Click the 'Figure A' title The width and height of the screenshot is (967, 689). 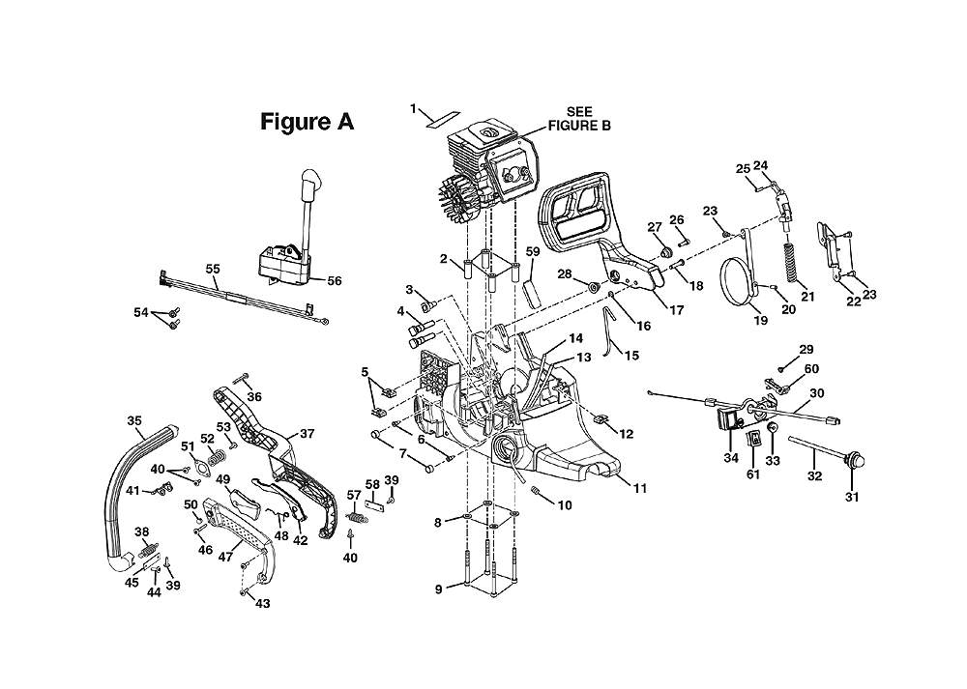(308, 122)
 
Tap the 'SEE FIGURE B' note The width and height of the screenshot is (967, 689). (579, 119)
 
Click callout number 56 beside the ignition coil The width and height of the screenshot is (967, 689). (335, 281)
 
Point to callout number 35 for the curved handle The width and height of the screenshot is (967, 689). (134, 421)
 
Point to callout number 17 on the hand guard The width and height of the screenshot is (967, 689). (677, 310)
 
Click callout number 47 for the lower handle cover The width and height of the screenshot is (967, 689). (225, 557)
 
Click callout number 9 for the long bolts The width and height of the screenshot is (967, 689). (438, 589)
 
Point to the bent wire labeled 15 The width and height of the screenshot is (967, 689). (608, 332)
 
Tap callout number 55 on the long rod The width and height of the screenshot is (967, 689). (213, 269)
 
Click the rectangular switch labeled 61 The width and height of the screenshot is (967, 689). (753, 440)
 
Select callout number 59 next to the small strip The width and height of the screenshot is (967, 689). (532, 251)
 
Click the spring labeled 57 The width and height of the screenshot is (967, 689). (355, 512)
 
